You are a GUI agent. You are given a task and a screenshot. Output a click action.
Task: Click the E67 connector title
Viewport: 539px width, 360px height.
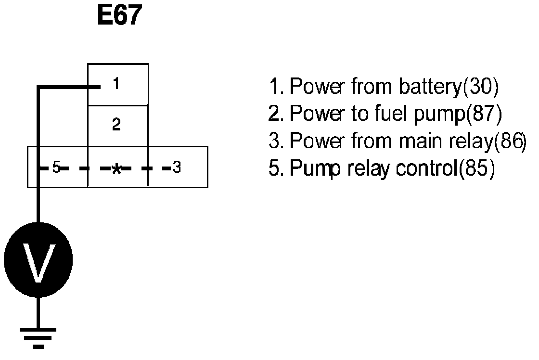tap(119, 16)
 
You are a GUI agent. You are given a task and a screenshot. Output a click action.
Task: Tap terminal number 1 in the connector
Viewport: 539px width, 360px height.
tap(115, 85)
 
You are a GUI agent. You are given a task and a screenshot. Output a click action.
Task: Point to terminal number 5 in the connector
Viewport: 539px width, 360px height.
tap(56, 168)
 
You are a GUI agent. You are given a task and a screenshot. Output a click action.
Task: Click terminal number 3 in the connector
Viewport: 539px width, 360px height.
tap(177, 168)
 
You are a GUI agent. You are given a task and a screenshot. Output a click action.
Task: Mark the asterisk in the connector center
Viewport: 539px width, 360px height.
tap(116, 169)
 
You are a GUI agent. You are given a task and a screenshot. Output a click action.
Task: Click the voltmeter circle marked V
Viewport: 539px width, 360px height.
tap(38, 260)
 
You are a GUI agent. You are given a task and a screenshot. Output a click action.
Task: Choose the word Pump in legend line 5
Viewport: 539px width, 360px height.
tap(315, 170)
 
